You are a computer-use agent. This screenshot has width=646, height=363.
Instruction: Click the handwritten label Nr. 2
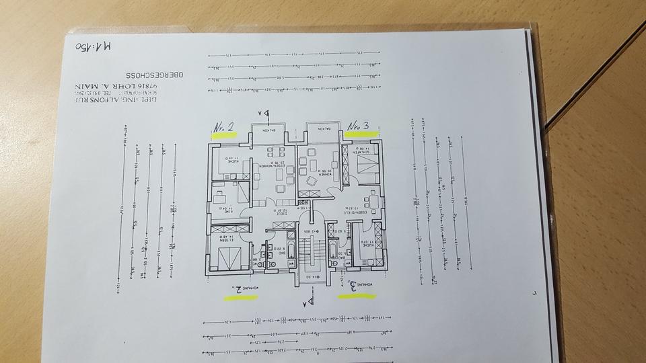[x=224, y=126]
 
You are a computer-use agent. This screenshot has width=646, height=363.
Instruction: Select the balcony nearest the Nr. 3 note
[x=322, y=131]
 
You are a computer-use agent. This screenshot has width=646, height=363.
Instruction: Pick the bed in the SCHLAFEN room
[x=366, y=164]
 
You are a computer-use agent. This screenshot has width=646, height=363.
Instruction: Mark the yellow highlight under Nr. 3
[x=362, y=134]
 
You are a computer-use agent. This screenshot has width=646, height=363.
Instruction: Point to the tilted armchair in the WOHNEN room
[x=312, y=181]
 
